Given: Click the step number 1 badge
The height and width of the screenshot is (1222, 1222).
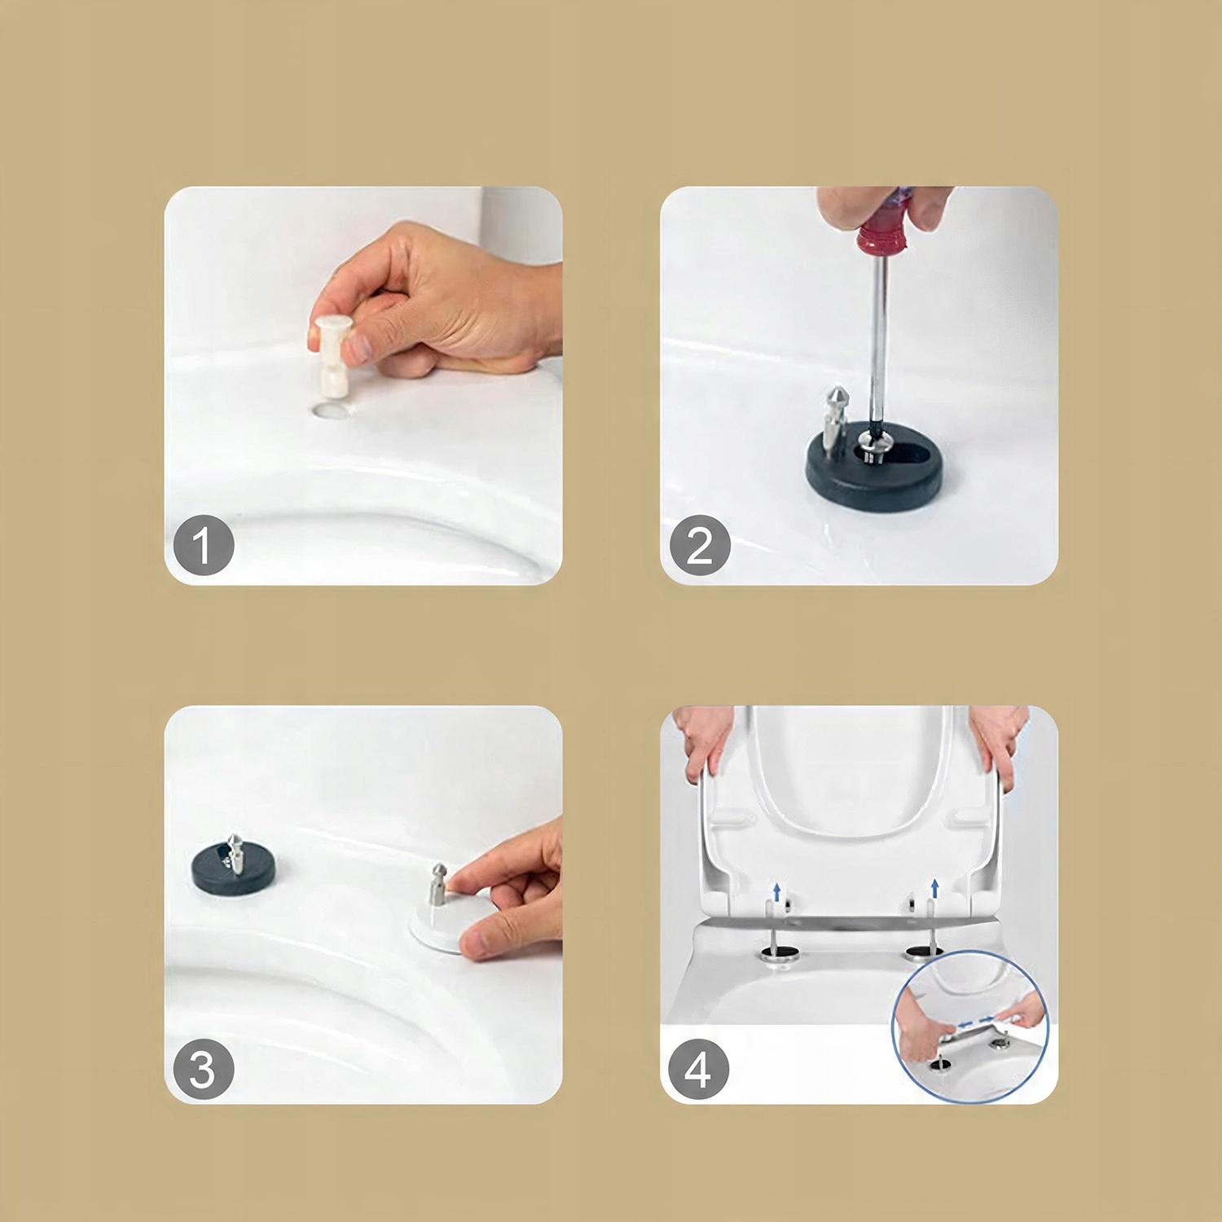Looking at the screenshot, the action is pos(204,545).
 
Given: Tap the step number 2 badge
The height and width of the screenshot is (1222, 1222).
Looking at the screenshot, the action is pos(700,545).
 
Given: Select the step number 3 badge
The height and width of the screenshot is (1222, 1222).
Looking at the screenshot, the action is pos(204,1069).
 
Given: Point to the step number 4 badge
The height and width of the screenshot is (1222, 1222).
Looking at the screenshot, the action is pos(698,1069).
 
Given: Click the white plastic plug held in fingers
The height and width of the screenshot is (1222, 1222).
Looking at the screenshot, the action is pos(332,355).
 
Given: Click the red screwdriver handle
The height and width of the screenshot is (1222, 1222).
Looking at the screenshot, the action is pos(882,221).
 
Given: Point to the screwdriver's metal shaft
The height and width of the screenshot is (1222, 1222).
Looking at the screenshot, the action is pos(878,342).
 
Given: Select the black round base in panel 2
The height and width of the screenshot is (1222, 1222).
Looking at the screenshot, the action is pos(873,468).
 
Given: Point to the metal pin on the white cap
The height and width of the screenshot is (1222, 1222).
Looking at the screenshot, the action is pos(438,885).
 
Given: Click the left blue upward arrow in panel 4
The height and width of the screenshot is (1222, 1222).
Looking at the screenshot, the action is pos(777,891).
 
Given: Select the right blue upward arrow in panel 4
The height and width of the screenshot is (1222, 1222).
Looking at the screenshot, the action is pos(934,888).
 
